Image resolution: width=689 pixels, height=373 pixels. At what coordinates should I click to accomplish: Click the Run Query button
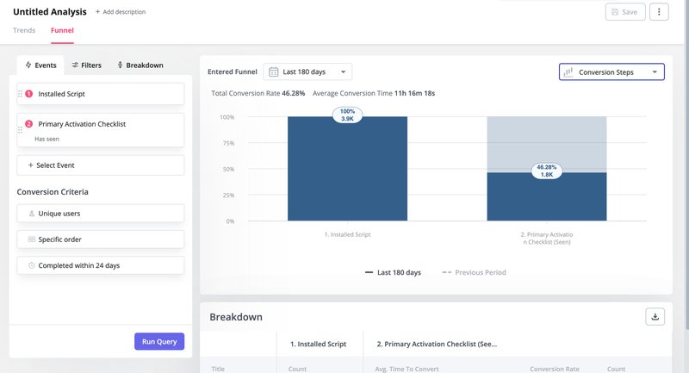coord(159,341)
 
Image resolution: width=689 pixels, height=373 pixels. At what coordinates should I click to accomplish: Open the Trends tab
coord(24,30)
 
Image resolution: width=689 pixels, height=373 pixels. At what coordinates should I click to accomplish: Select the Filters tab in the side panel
coord(86,65)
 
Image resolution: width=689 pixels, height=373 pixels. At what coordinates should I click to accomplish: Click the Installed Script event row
coord(100,94)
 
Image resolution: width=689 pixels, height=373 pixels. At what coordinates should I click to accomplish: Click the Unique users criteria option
coord(100,213)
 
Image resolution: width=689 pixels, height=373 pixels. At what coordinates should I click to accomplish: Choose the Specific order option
coord(100,239)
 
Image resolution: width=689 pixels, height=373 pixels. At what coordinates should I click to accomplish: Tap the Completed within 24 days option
coord(100,265)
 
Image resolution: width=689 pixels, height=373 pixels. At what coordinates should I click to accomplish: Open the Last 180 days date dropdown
coord(307,72)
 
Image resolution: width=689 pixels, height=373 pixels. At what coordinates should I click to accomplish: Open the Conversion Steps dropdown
coord(611,72)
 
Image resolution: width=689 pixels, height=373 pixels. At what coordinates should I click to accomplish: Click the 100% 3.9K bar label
coord(348,115)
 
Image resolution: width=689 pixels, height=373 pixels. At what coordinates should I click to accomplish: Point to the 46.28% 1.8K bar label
coord(546,171)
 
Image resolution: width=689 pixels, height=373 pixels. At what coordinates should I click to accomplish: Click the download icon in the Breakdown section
coord(655,316)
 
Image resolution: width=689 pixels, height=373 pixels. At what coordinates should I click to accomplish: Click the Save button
coord(624,12)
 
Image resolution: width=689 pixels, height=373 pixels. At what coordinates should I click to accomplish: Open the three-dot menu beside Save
coord(659,12)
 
